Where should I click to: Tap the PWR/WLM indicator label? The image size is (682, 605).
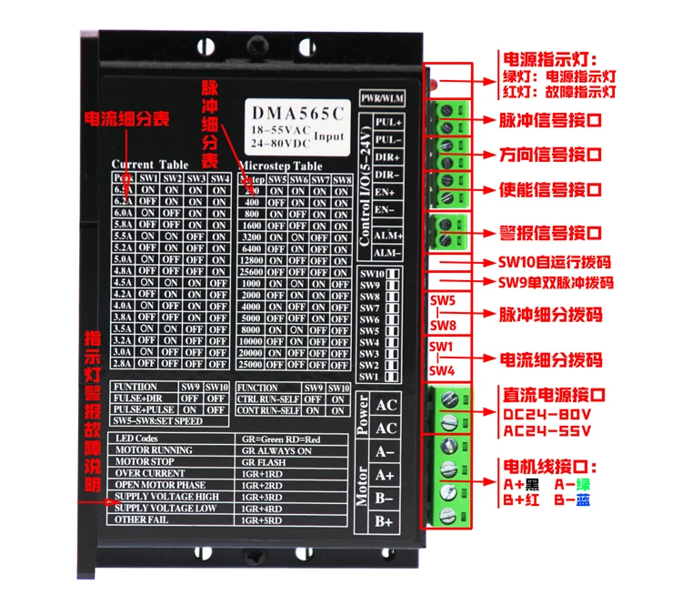pos(381,96)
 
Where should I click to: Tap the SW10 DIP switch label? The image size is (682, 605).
pos(371,274)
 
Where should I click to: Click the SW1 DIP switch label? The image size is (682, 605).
pos(368,376)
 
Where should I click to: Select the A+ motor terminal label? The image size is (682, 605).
pos(385,474)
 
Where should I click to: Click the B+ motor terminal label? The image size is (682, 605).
pos(385,521)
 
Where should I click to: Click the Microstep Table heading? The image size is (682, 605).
pos(280,166)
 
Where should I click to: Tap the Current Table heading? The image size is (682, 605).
pos(149,165)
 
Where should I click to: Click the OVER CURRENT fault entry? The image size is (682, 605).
pos(150,473)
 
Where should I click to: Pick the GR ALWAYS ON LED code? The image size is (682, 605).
pos(278,450)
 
